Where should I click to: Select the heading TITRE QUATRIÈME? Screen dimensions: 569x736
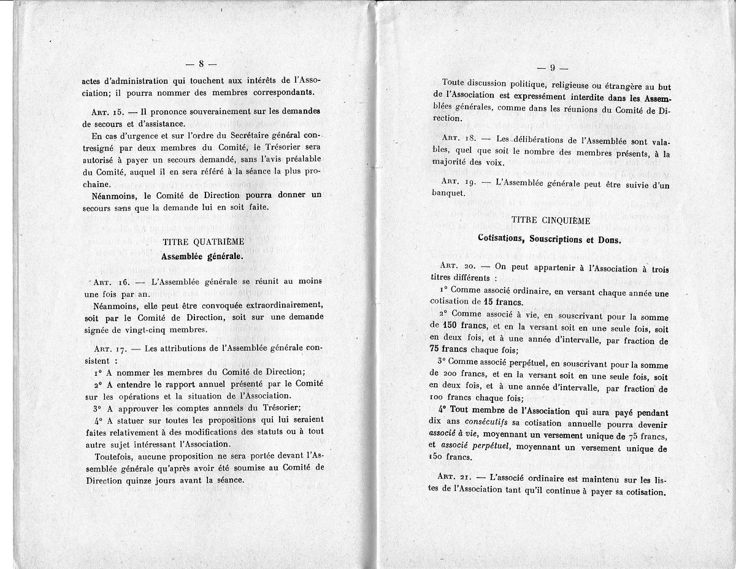[201, 242]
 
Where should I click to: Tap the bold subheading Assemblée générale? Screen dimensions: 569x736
[202, 256]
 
